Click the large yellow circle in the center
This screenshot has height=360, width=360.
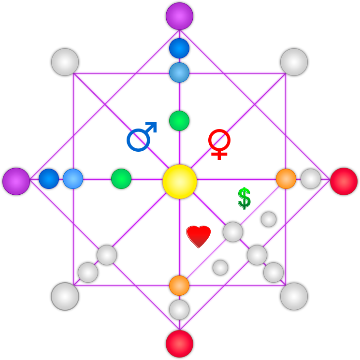pyautogui.click(x=179, y=181)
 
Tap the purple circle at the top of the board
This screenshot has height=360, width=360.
pyautogui.click(x=179, y=16)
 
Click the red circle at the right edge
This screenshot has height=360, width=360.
pyautogui.click(x=344, y=181)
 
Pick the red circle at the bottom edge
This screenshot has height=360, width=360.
pyautogui.click(x=179, y=344)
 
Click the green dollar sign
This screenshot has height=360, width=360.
pyautogui.click(x=244, y=198)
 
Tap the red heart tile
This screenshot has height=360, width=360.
pyautogui.click(x=199, y=236)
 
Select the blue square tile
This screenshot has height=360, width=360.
pyautogui.click(x=142, y=136)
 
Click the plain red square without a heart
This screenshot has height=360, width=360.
pyautogui.click(x=220, y=144)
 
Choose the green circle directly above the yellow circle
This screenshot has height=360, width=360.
pyautogui.click(x=179, y=121)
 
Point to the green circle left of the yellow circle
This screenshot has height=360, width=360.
pyautogui.click(x=121, y=179)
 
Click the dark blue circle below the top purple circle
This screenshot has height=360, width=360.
pyautogui.click(x=179, y=48)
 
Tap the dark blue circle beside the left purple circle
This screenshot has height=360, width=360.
pyautogui.click(x=48, y=179)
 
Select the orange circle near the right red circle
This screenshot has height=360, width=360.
pyautogui.click(x=286, y=179)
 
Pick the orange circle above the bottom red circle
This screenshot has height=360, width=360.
pyautogui.click(x=179, y=285)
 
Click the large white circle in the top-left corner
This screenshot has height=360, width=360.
pyautogui.click(x=65, y=62)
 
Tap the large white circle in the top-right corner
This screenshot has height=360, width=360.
pyautogui.click(x=294, y=62)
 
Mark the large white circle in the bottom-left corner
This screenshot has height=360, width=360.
pyautogui.click(x=65, y=296)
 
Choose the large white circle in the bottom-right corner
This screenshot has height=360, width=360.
pyautogui.click(x=294, y=296)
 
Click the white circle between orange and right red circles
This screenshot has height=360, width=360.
pyautogui.click(x=310, y=179)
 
